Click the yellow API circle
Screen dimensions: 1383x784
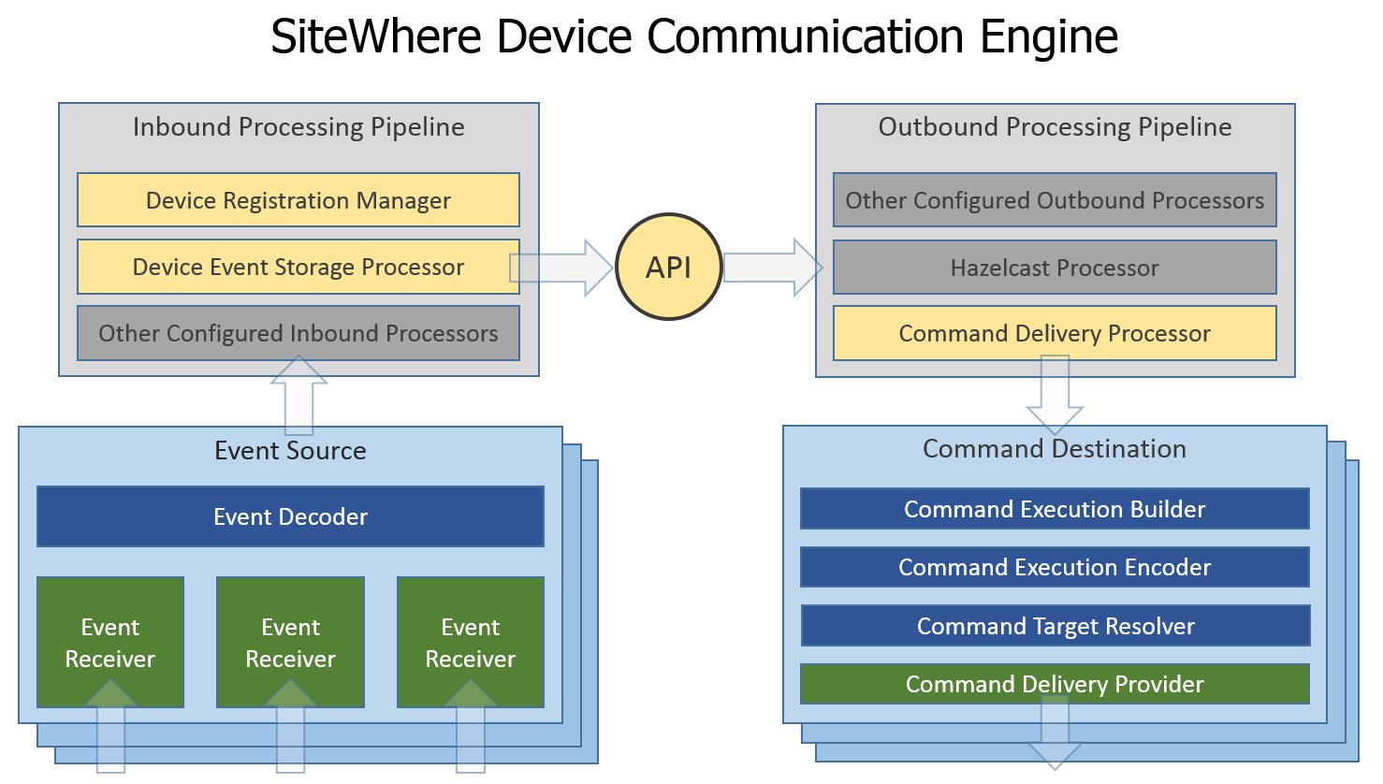point(669,267)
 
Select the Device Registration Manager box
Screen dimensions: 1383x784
point(298,200)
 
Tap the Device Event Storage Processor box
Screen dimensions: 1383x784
point(298,267)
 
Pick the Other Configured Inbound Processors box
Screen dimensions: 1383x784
point(298,333)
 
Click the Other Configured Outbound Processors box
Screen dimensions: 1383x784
point(1055,200)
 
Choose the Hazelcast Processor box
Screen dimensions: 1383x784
point(1055,268)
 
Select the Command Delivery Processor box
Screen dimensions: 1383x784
point(1055,333)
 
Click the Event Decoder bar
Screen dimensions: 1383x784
point(290,516)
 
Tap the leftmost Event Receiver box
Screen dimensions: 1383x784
point(110,642)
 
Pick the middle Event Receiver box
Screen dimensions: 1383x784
point(290,642)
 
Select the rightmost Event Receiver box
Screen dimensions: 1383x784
point(471,642)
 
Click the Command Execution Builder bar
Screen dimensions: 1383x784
point(1055,509)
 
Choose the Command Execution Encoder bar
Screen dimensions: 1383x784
point(1055,567)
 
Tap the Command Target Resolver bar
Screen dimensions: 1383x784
point(1055,625)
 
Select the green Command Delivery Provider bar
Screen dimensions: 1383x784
point(1055,684)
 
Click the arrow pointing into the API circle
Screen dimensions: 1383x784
point(560,268)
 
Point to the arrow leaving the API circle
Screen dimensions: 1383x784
point(773,268)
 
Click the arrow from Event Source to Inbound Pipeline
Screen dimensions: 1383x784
point(298,395)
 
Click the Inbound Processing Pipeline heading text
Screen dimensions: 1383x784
point(298,127)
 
